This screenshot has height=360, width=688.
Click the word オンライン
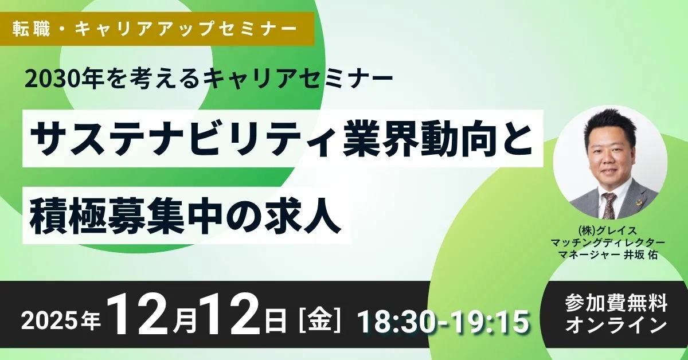(616, 325)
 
